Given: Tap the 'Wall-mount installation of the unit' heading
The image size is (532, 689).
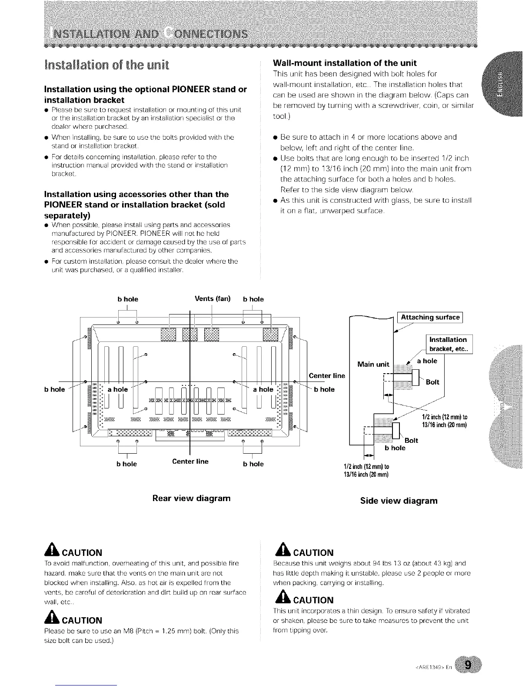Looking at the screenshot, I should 345,62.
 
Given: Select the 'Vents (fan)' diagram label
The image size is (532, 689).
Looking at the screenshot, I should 213,299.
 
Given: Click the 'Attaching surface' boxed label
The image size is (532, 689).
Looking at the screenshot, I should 430,317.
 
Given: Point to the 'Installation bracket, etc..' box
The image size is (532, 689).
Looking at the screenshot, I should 448,344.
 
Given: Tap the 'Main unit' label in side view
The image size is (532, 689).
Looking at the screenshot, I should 373,365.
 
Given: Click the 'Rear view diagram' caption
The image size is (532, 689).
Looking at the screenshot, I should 191,498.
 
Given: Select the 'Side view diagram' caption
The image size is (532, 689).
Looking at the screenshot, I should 399,501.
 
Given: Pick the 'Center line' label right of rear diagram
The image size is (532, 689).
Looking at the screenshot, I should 327,375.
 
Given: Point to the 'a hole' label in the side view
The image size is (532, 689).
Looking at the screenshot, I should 427,361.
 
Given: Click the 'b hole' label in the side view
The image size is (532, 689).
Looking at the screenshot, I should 395,448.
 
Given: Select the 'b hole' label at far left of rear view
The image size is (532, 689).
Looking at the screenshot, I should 54,389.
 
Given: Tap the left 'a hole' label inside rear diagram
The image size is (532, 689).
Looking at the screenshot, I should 118,389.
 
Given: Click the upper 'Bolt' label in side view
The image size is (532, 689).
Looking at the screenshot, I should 433,382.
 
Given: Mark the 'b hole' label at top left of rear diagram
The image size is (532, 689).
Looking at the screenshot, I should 128,299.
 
